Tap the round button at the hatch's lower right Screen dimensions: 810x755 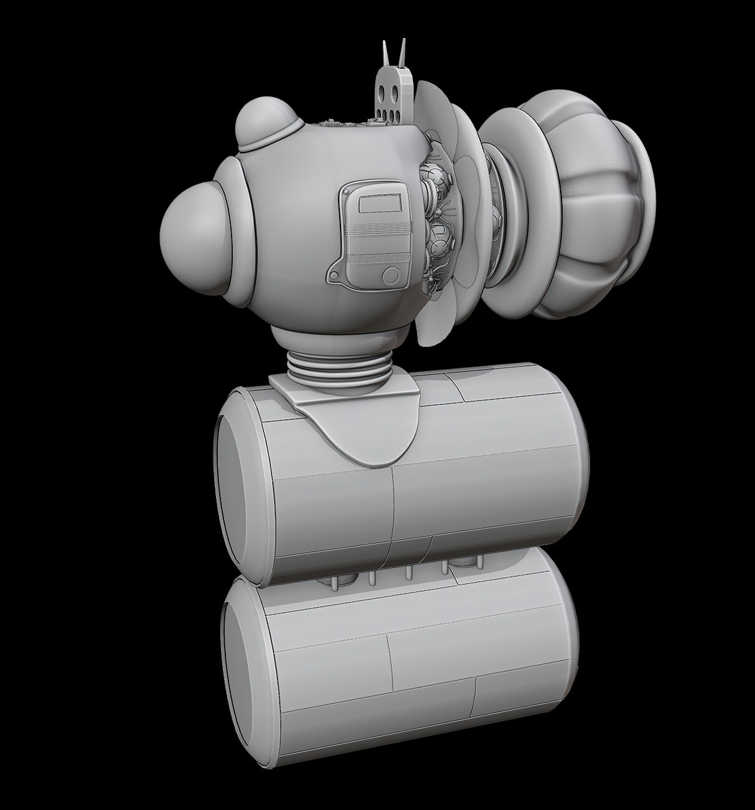[390, 275]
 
